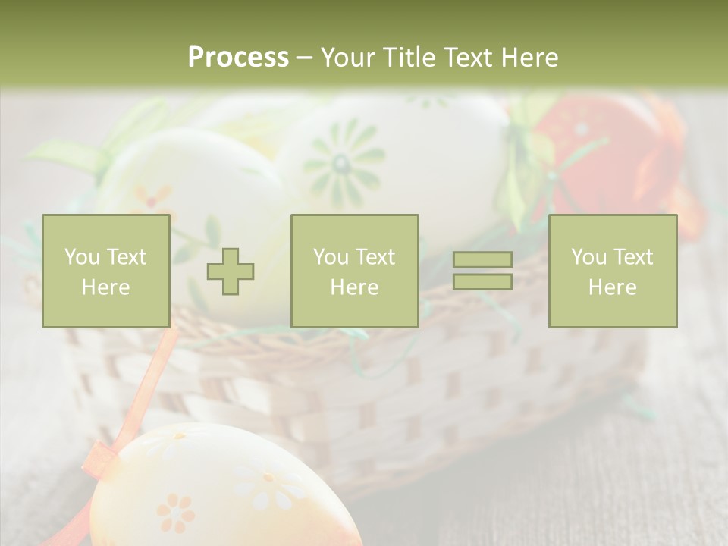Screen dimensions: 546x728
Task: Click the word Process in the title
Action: click(x=238, y=57)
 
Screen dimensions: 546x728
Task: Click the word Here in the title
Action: click(x=529, y=57)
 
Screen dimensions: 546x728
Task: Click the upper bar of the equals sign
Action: click(x=482, y=259)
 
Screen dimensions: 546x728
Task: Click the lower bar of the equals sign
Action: click(x=482, y=282)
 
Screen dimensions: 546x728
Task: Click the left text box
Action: click(x=105, y=271)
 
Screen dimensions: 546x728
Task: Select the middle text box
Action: click(x=354, y=271)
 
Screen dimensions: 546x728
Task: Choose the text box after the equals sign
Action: click(x=612, y=271)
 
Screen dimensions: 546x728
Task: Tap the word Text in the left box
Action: click(x=126, y=257)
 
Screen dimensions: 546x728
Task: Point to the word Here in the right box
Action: click(x=612, y=287)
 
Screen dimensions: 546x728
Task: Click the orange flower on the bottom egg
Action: click(x=176, y=513)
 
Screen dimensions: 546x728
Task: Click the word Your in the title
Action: click(x=350, y=57)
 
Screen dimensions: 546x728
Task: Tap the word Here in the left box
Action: click(x=105, y=287)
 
